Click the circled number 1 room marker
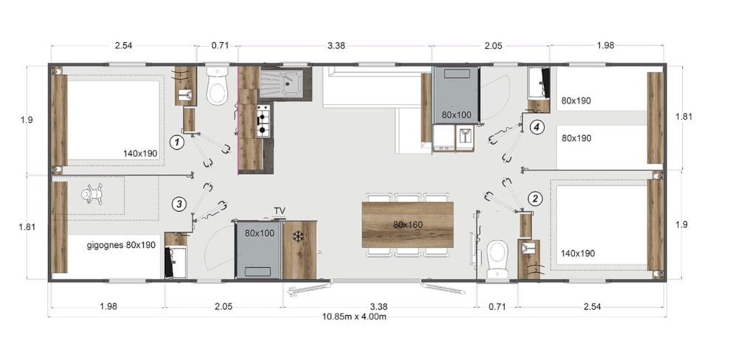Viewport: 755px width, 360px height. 178,142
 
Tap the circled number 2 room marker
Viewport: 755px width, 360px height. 535,198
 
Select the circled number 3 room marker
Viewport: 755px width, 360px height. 179,204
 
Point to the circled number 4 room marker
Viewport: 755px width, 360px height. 537,127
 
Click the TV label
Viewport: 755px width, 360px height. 279,211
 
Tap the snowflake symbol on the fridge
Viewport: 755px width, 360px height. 299,237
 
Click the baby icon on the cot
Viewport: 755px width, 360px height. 92,195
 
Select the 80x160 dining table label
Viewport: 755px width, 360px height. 407,224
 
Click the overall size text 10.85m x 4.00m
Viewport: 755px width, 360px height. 355,316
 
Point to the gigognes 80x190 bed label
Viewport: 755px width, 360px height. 121,246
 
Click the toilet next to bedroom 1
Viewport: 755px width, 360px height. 218,86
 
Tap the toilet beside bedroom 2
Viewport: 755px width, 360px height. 497,260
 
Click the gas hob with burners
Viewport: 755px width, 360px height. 263,122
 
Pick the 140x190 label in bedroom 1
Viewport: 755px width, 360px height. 140,153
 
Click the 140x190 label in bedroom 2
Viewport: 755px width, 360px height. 578,254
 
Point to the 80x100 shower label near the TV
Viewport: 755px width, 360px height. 260,233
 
